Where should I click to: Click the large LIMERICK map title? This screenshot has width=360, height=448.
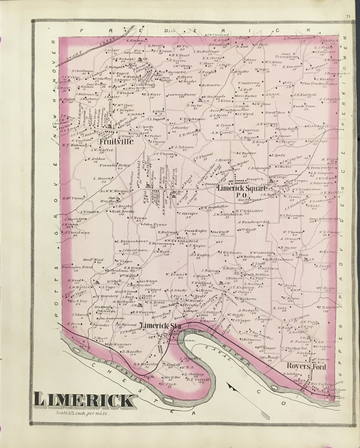pos(83,401)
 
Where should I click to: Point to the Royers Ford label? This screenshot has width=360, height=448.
pos(306,367)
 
